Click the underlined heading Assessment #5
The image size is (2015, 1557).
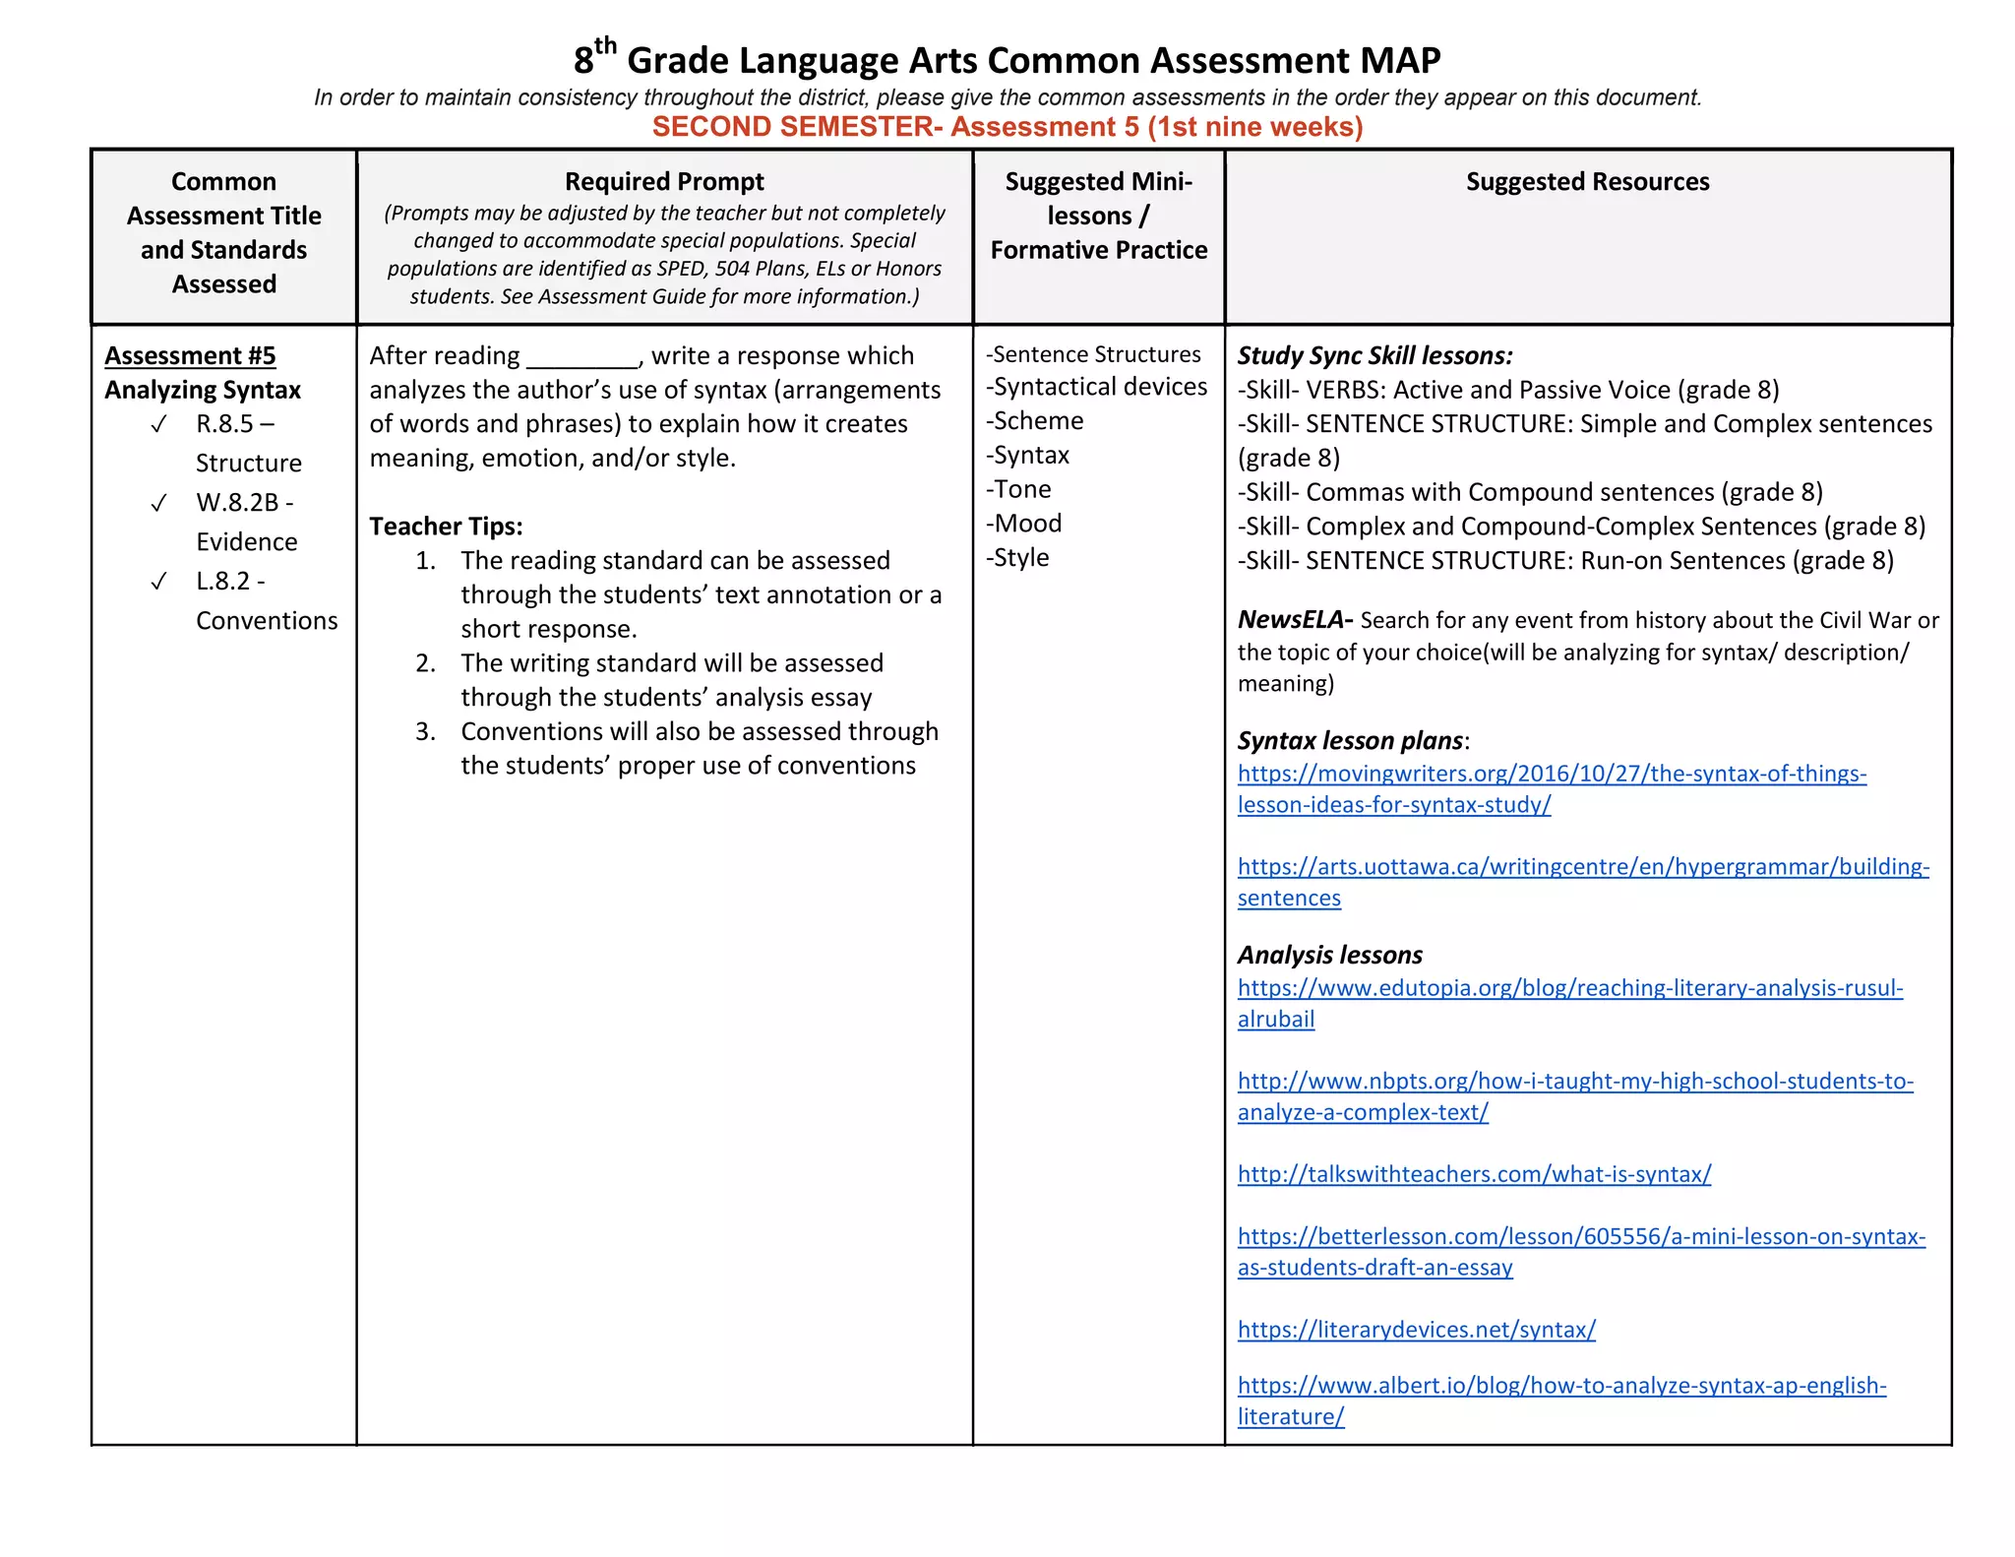tap(190, 355)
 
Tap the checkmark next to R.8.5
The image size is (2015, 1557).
tap(158, 424)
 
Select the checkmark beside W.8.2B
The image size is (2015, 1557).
tap(158, 503)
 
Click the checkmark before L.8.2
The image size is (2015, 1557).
tap(158, 582)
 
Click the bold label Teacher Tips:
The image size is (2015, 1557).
tap(446, 527)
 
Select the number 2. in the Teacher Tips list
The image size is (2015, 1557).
tap(425, 663)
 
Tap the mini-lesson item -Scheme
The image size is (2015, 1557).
tap(1035, 421)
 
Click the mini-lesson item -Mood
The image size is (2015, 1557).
tap(1024, 524)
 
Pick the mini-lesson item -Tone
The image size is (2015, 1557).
tap(1019, 489)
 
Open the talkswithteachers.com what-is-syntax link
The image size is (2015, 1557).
tap(1474, 1174)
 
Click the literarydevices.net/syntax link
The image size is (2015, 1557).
tap(1416, 1330)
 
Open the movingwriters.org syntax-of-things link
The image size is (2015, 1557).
tap(1552, 774)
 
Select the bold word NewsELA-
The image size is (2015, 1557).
tap(1295, 620)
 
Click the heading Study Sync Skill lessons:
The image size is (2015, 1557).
tap(1374, 355)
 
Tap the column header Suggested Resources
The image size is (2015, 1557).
tap(1587, 182)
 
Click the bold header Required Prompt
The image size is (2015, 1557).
tap(664, 182)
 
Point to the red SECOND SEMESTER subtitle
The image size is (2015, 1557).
tap(1007, 127)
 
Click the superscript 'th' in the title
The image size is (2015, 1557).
tap(605, 45)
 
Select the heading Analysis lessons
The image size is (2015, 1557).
tap(1329, 955)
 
